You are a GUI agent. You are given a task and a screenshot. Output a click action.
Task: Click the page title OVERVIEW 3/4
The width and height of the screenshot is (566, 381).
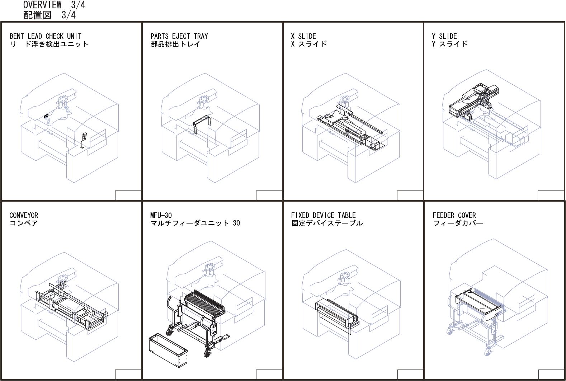click(x=54, y=5)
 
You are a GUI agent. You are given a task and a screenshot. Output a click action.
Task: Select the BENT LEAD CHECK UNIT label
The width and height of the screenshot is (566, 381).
click(x=46, y=36)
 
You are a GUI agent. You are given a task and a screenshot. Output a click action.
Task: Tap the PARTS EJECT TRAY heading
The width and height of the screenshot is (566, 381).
click(x=179, y=36)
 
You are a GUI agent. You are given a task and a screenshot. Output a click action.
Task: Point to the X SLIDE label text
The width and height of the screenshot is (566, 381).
click(x=303, y=36)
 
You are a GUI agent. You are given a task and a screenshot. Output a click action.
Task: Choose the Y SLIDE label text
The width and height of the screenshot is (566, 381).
click(x=444, y=36)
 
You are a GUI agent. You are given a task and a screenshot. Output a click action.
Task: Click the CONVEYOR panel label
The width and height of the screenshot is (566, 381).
click(x=24, y=215)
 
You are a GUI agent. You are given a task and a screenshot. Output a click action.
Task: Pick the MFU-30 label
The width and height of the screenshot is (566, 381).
click(x=161, y=215)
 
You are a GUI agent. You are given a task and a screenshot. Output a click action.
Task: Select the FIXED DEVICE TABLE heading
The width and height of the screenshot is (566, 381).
click(x=323, y=215)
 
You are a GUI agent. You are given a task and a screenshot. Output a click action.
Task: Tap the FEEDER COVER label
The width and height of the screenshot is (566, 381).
click(x=454, y=215)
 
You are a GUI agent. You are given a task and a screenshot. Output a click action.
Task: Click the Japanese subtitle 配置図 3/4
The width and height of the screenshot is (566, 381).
click(x=49, y=15)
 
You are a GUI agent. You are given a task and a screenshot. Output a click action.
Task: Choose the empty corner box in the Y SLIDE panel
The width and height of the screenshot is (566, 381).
click(x=551, y=196)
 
